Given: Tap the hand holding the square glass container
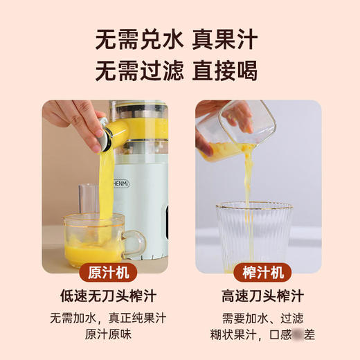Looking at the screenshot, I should [228, 114].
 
